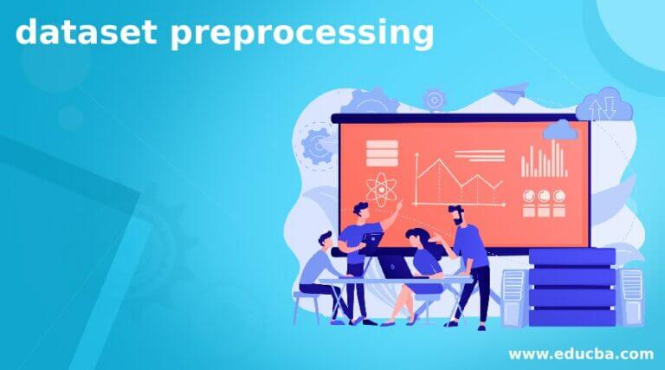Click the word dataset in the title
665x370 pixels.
pos(86,31)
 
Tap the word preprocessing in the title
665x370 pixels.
pos(302,34)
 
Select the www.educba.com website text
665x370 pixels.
pos(581,354)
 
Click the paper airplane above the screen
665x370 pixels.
pos(512,92)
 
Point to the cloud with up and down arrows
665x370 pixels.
pos(607,105)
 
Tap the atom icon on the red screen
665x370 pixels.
pos(381,190)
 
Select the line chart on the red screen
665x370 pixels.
pos(459,180)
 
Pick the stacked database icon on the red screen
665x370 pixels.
pos(382,153)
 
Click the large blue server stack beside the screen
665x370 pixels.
pos(572,288)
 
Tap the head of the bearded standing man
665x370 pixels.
pos(457,215)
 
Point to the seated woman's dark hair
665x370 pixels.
pos(417,237)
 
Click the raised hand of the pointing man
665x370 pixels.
pos(399,204)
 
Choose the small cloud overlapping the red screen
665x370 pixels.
pos(560,130)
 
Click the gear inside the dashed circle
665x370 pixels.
pos(316,145)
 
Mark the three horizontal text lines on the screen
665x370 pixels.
pos(480,156)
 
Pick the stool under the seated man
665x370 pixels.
pos(307,308)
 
